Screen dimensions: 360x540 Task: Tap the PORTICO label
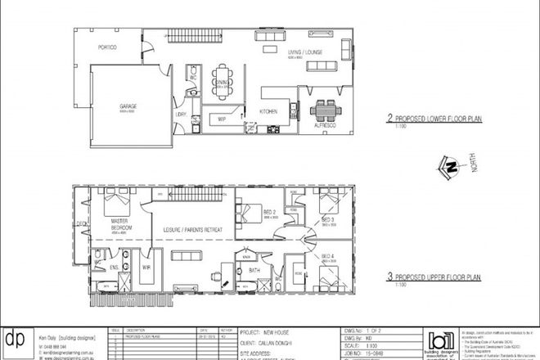coord(105,47)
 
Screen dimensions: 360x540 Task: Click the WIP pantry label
coord(220,119)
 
